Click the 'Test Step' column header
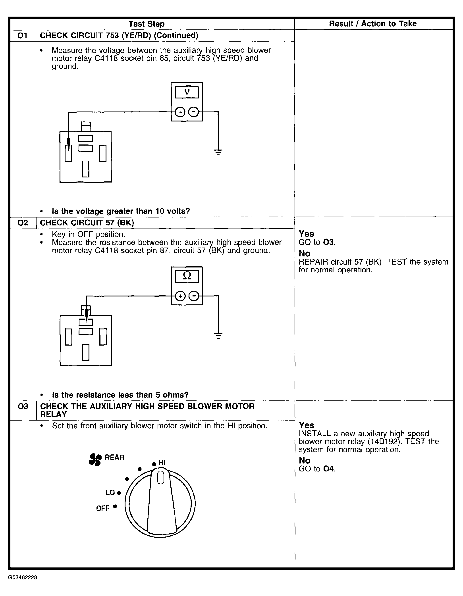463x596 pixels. click(x=147, y=24)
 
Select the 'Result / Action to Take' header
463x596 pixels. click(x=373, y=24)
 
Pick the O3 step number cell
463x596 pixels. click(x=23, y=407)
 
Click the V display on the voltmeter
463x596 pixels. click(x=187, y=92)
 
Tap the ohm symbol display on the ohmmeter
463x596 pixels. click(x=187, y=276)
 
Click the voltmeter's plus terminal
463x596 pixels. click(x=180, y=112)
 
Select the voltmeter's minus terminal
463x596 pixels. click(x=194, y=112)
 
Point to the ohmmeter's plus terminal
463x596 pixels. click(x=180, y=296)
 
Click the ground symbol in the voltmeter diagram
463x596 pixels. click(x=218, y=152)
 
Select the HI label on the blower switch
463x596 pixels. click(x=162, y=463)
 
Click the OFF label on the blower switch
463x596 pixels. click(x=103, y=508)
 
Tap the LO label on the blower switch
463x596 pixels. click(x=110, y=492)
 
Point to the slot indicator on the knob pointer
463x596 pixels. click(x=161, y=478)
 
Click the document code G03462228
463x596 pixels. click(x=23, y=577)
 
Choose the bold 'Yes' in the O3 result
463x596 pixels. click(x=306, y=425)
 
